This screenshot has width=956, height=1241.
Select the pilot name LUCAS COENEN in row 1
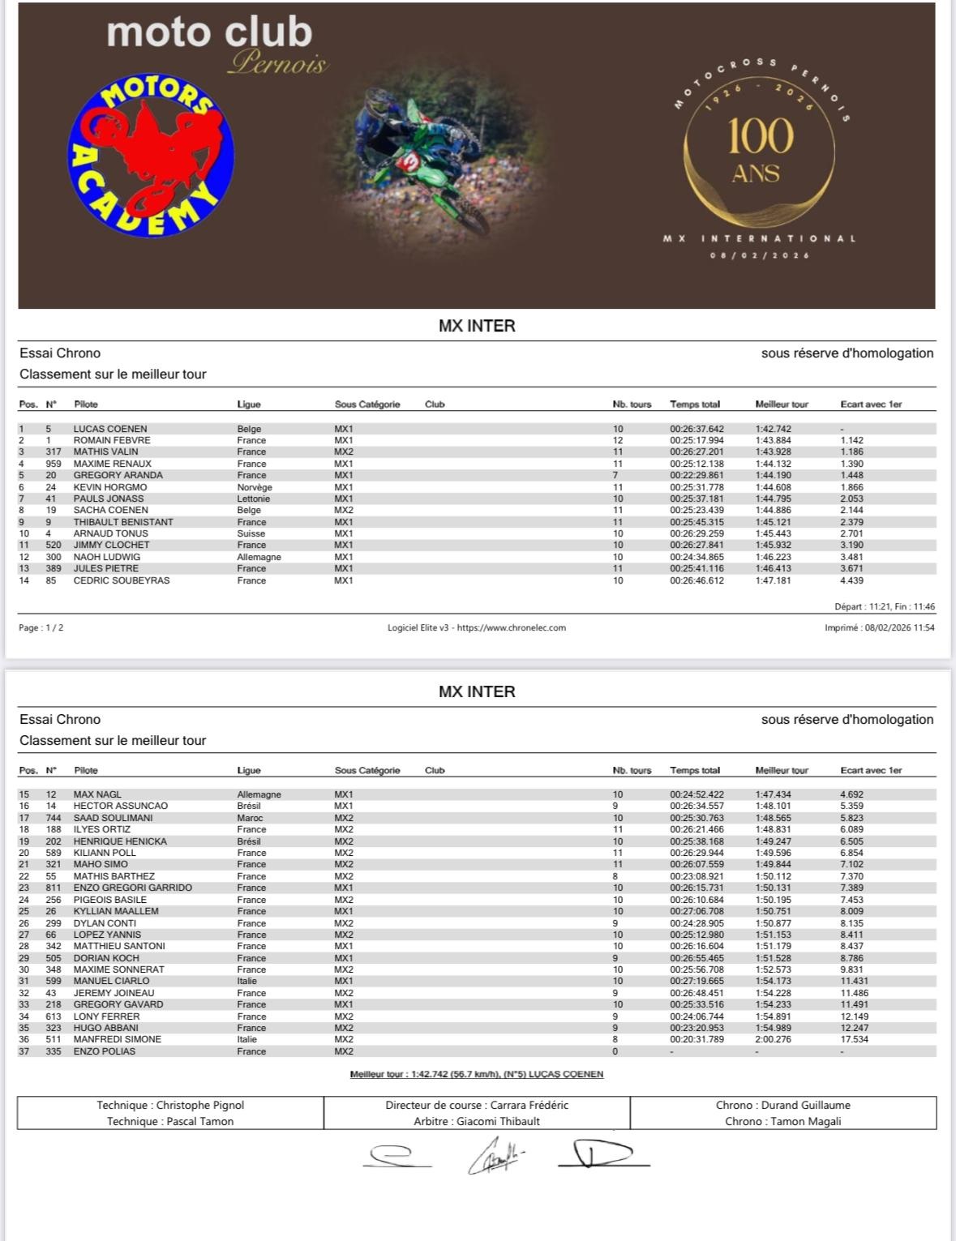pos(110,429)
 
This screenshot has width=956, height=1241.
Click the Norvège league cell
pos(255,487)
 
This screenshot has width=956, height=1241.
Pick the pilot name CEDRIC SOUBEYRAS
pos(122,580)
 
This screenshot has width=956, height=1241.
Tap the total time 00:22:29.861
pos(697,475)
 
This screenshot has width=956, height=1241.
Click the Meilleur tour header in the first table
pos(782,404)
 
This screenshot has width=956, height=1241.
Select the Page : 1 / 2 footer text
pos(41,627)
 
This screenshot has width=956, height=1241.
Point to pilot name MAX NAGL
pos(97,794)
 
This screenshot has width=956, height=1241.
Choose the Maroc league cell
pos(250,818)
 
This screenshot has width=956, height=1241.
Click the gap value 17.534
pos(854,1039)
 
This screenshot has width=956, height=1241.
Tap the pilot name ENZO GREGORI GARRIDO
pos(133,888)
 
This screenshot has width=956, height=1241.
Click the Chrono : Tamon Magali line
pos(782,1121)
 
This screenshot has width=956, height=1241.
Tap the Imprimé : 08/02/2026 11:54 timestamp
pos(879,627)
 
